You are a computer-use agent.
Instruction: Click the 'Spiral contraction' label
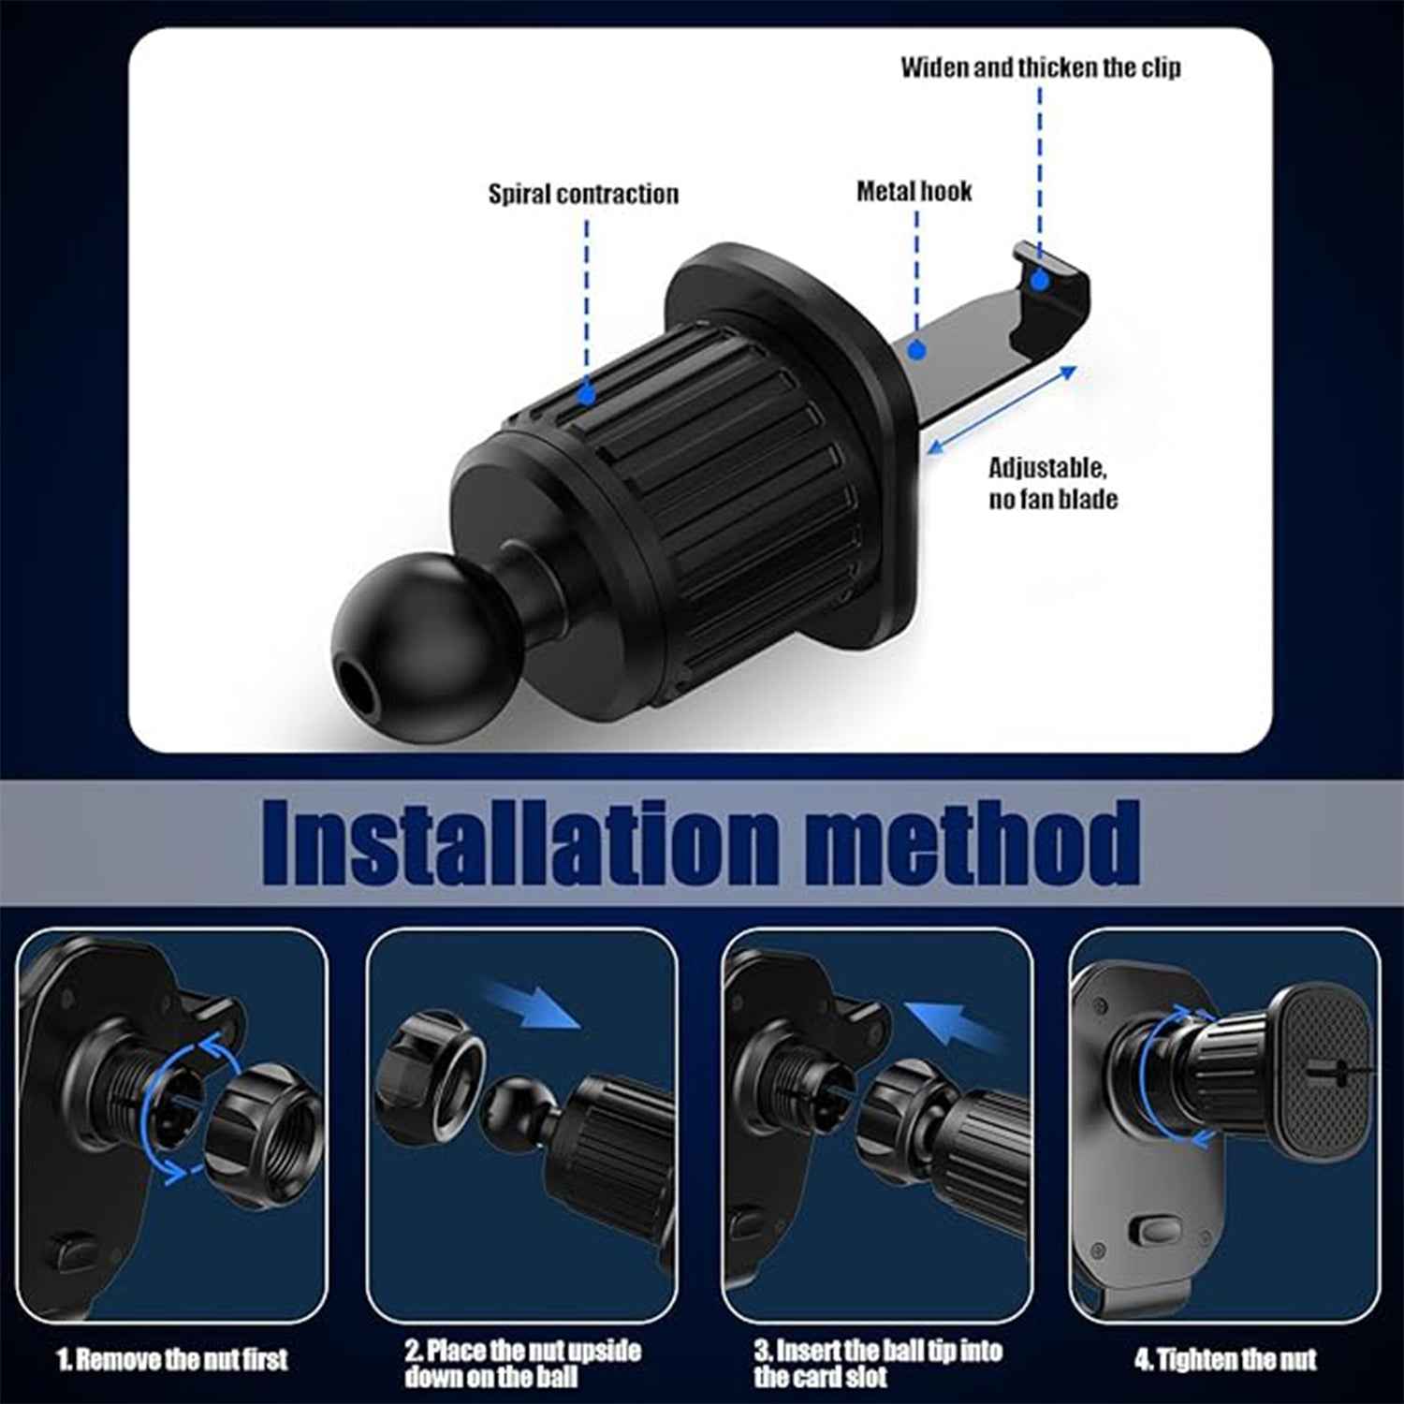(583, 194)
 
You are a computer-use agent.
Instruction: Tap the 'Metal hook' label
(914, 191)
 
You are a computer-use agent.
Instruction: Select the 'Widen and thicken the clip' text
(1040, 67)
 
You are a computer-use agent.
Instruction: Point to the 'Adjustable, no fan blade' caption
(1052, 483)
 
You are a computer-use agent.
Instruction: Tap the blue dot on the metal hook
(917, 350)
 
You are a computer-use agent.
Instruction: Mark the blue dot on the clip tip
(1039, 280)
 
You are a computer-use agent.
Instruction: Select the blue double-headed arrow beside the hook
(1002, 411)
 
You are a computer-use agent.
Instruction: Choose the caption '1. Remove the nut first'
(172, 1359)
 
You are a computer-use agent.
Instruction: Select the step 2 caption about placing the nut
(522, 1363)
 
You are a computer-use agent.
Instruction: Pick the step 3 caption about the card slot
(877, 1363)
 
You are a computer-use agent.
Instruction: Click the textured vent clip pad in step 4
(1324, 1072)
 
